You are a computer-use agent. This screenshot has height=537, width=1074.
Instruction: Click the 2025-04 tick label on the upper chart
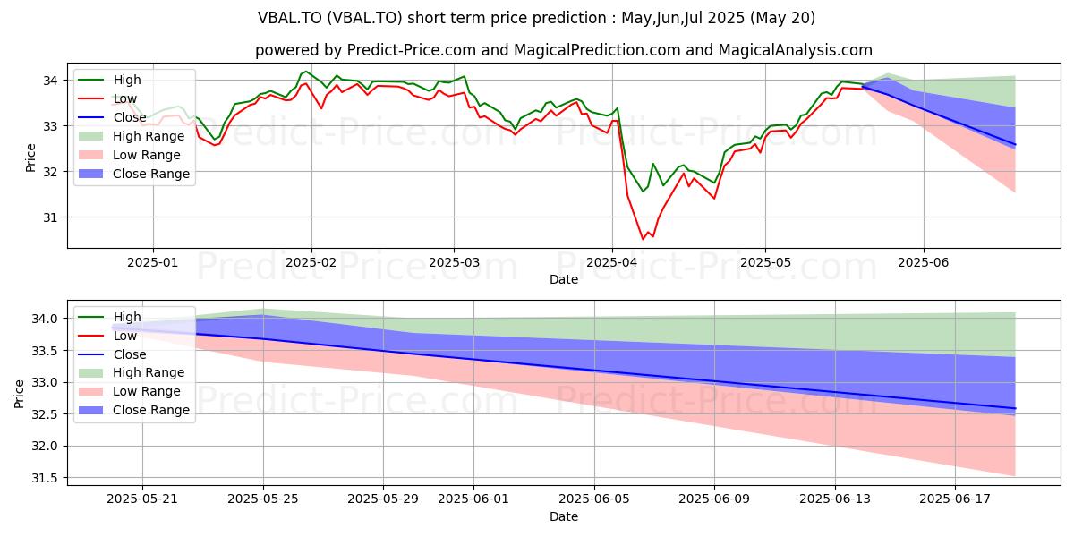(x=612, y=263)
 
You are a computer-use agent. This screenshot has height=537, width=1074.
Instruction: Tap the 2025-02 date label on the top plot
(x=311, y=263)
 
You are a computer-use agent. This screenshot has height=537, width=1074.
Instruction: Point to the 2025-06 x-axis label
(x=924, y=263)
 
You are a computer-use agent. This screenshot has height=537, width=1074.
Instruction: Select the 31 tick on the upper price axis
(x=50, y=217)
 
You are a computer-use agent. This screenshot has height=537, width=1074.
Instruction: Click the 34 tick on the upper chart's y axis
(x=50, y=81)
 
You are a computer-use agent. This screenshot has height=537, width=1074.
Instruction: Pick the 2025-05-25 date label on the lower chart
(x=263, y=499)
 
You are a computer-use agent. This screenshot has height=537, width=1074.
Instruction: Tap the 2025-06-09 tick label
(x=714, y=499)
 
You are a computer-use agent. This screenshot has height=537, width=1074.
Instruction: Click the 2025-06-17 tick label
(x=955, y=499)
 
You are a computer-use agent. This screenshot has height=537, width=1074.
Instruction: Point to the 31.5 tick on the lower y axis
(x=45, y=479)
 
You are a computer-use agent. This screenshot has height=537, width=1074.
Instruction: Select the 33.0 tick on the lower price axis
(x=45, y=383)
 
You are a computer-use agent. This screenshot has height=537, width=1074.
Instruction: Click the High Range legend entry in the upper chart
(x=131, y=136)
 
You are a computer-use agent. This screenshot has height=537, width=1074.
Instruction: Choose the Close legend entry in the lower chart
(x=112, y=354)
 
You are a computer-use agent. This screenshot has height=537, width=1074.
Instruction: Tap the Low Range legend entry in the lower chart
(x=129, y=391)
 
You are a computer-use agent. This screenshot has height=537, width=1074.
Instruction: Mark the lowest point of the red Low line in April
(x=644, y=239)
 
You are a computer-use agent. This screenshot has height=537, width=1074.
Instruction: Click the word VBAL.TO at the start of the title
(x=290, y=18)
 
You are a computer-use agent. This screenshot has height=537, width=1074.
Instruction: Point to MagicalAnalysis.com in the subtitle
(x=795, y=50)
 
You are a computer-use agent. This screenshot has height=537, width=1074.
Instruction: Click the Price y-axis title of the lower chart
(x=19, y=394)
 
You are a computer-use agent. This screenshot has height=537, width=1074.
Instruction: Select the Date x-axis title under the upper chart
(x=564, y=279)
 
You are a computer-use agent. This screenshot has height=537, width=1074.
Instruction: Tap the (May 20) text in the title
(x=782, y=18)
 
